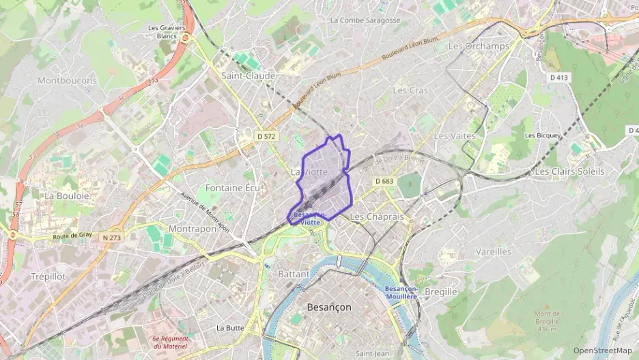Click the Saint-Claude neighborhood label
(x=248, y=75)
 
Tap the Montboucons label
(x=67, y=81)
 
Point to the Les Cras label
(x=410, y=90)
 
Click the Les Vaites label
(x=455, y=136)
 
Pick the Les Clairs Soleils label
(x=570, y=171)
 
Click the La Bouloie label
(x=67, y=195)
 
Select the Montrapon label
(x=192, y=229)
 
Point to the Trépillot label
(x=48, y=276)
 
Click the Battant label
(x=294, y=274)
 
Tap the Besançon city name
(x=329, y=307)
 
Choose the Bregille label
(x=440, y=292)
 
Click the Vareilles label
(x=493, y=251)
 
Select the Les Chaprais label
(x=376, y=216)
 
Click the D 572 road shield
(x=266, y=137)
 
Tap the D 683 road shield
(x=384, y=181)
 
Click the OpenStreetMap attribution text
(x=602, y=351)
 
